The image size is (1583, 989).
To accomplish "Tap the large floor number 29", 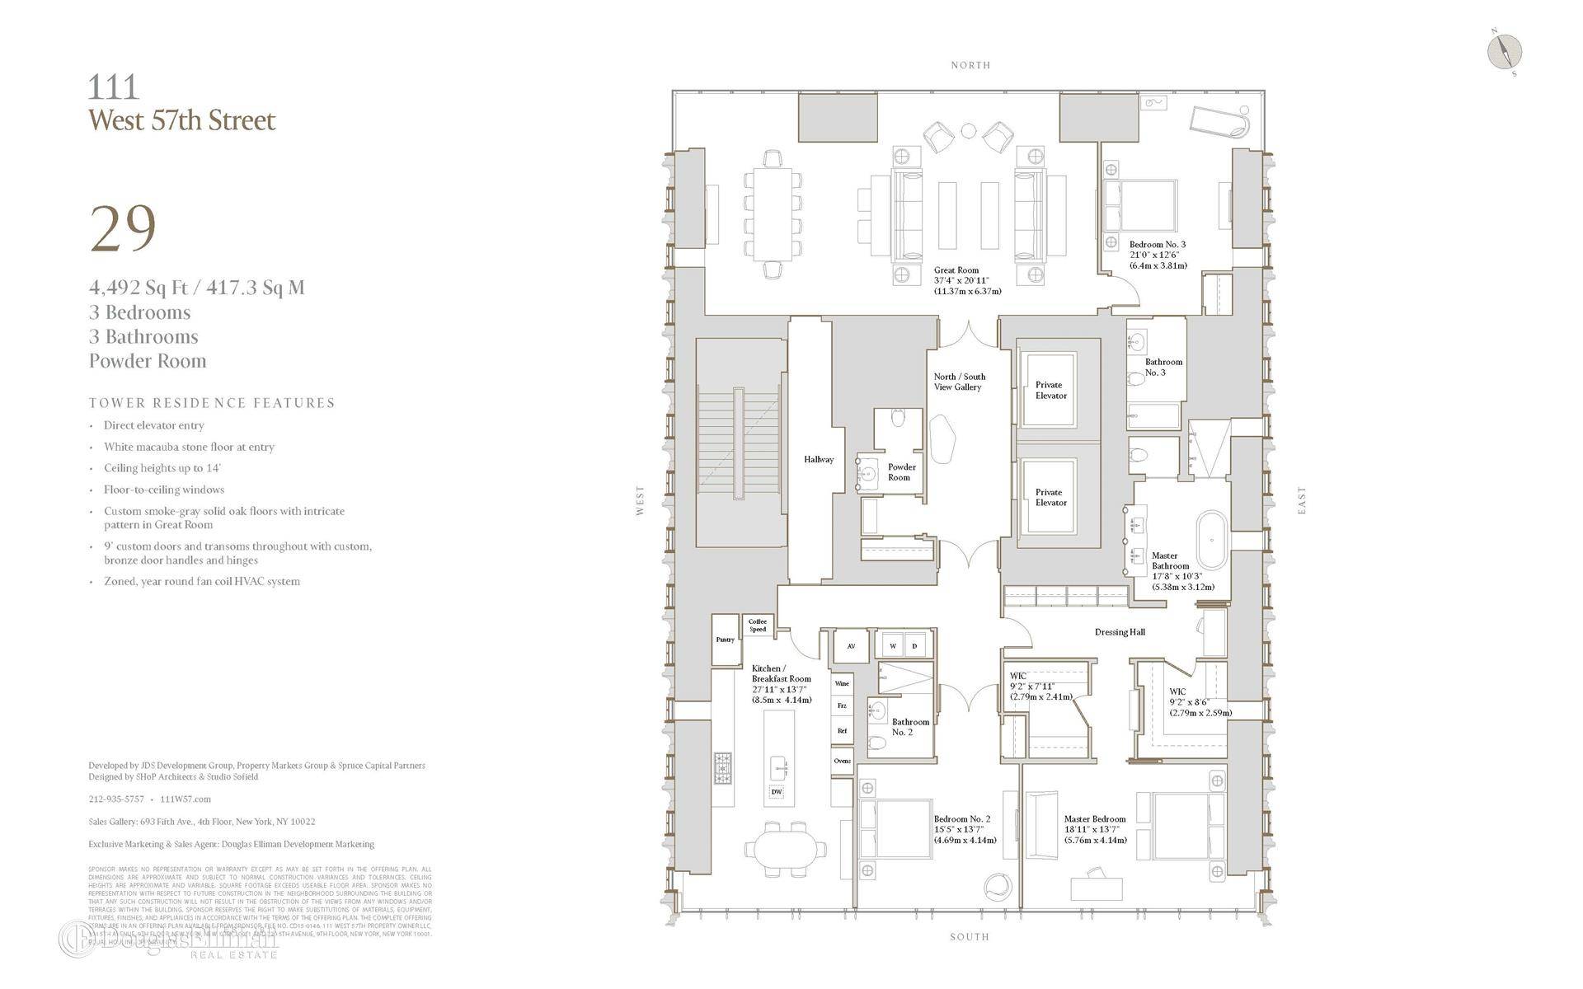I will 123,228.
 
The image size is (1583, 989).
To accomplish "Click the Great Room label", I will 956,270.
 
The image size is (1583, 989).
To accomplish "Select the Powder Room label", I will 901,472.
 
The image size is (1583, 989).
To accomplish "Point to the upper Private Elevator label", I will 1050,390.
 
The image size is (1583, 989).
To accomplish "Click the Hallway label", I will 819,460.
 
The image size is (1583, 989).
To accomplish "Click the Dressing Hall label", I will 1120,632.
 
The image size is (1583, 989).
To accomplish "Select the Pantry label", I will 725,640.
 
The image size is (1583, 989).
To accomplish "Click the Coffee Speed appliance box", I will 758,626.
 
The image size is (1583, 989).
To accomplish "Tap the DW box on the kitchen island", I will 776,792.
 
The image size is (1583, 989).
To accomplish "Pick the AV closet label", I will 851,646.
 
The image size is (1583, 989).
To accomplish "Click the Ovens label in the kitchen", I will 842,761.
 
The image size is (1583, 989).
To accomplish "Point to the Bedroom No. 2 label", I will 962,819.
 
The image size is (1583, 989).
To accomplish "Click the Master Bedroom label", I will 1094,819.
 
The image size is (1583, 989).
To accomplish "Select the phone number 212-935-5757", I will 116,799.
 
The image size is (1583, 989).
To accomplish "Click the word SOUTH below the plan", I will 970,937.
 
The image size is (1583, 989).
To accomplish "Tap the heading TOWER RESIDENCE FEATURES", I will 212,403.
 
